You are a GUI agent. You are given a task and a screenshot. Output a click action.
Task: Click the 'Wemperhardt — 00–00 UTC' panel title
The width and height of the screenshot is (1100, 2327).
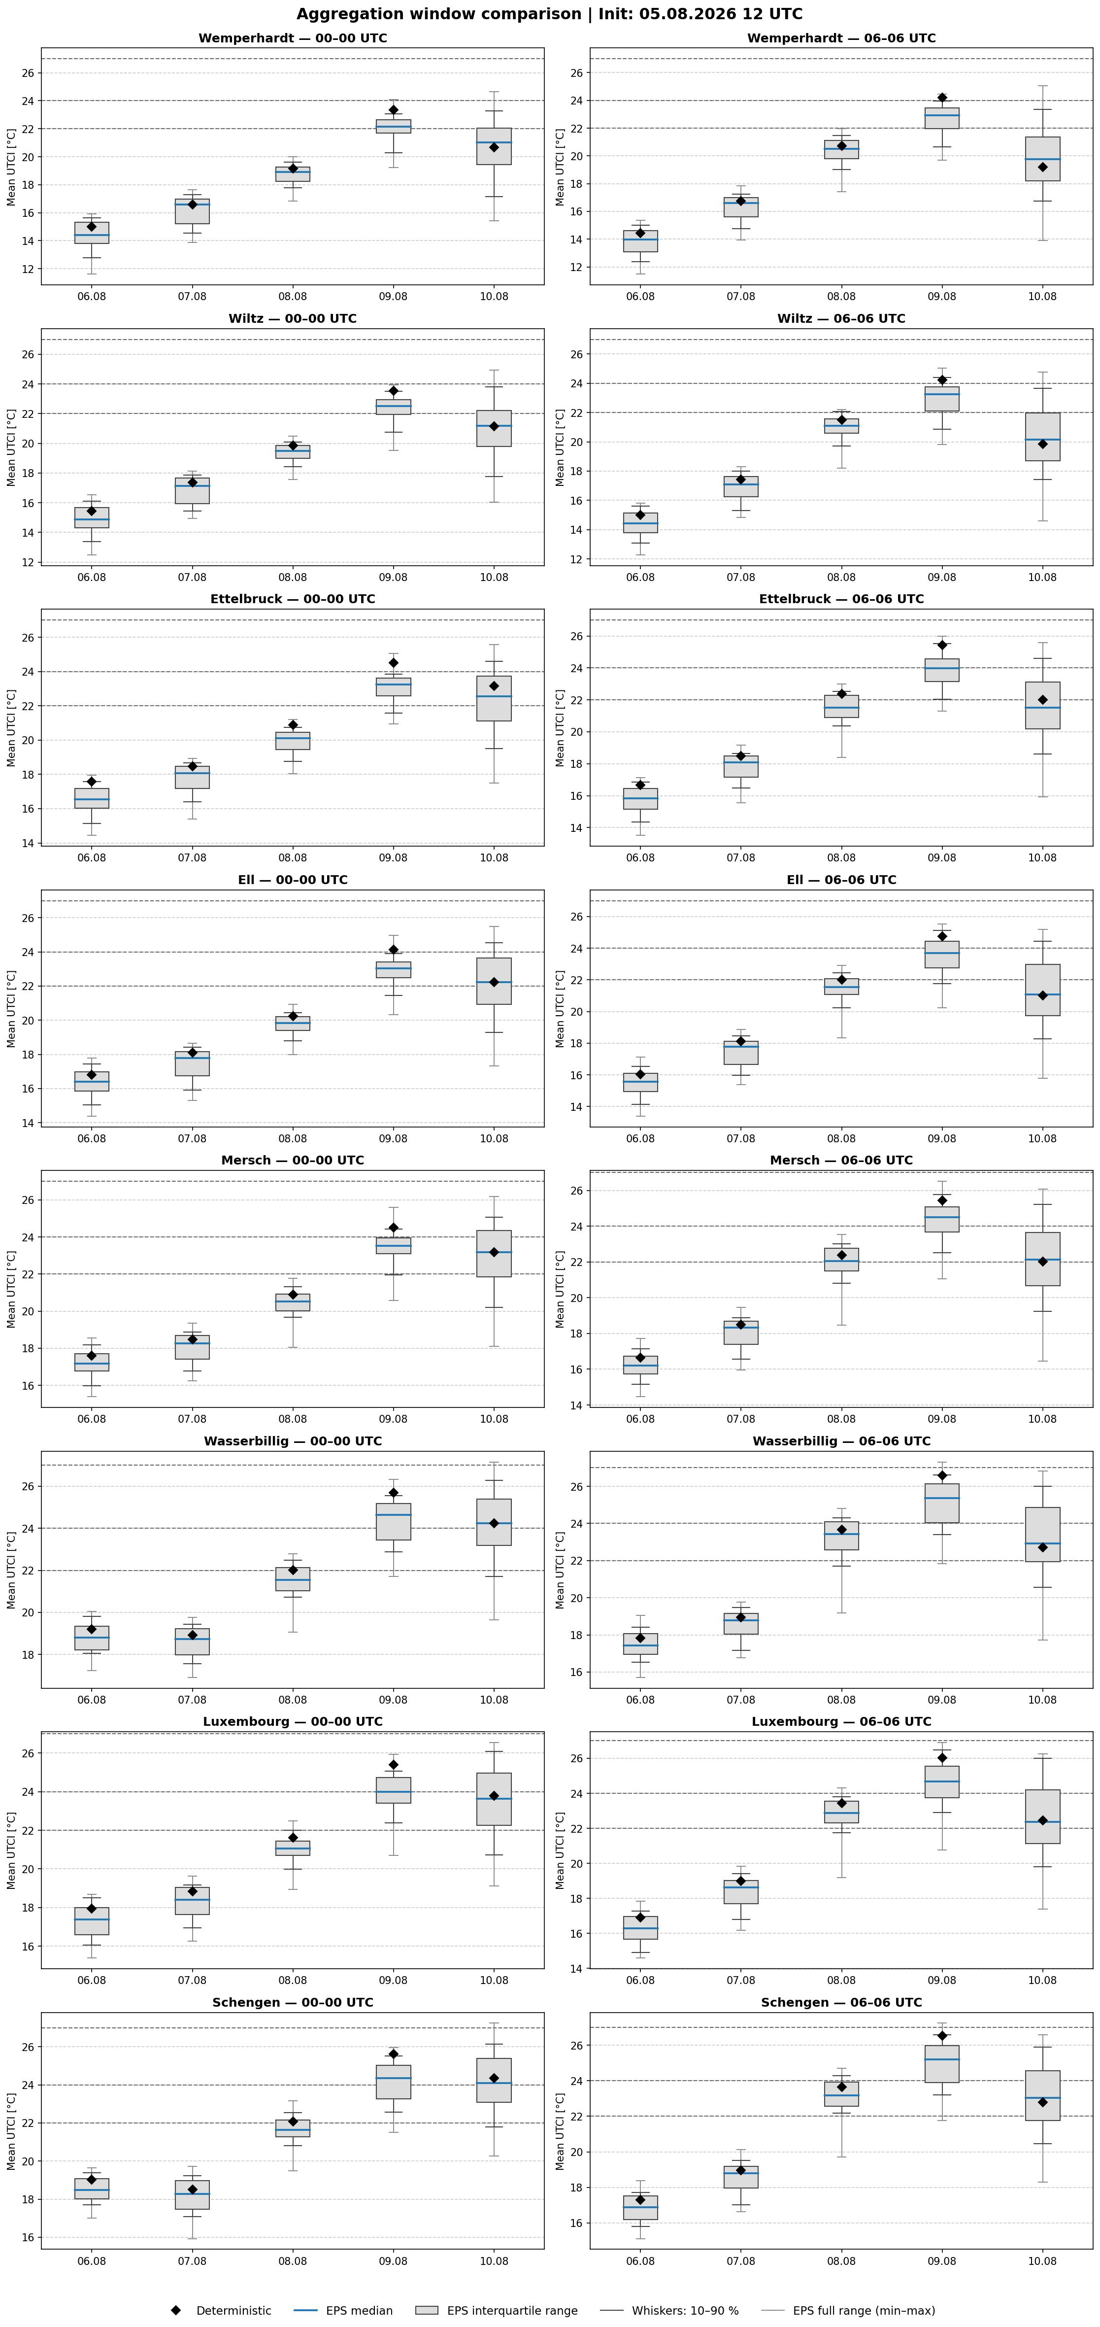tap(293, 38)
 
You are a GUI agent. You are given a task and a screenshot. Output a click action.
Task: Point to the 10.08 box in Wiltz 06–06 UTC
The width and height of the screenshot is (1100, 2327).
tap(1042, 437)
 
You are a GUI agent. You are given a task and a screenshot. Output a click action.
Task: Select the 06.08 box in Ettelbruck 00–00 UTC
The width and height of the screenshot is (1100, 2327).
tap(91, 798)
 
